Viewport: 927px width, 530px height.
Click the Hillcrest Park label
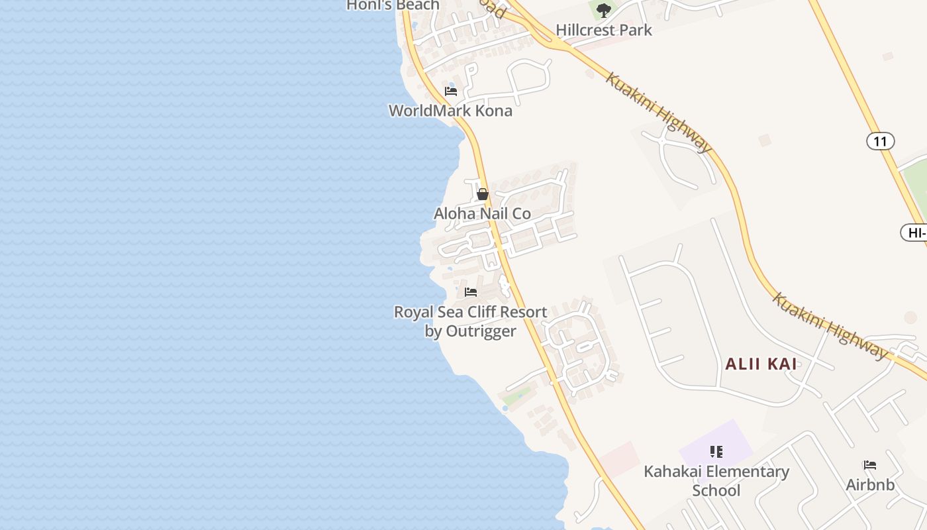pos(603,30)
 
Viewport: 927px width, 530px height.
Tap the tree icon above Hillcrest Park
pos(603,10)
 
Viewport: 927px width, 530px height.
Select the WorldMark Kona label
pos(450,111)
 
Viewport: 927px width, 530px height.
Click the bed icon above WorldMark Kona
pos(451,91)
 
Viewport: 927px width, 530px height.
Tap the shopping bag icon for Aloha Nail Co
pos(483,194)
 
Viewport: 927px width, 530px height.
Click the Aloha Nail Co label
pos(482,213)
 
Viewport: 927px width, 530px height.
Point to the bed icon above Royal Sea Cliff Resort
pos(471,291)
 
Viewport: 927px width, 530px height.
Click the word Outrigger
pos(481,331)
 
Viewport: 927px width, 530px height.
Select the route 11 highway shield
pos(880,141)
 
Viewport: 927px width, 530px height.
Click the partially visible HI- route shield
pos(914,233)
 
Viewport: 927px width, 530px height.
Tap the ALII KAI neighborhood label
pos(761,364)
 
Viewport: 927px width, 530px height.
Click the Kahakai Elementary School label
pos(716,481)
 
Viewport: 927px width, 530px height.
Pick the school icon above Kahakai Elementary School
pos(716,452)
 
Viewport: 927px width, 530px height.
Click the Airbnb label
pos(870,485)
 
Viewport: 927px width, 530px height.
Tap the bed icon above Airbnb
pos(870,465)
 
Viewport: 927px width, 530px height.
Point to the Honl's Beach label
pos(393,5)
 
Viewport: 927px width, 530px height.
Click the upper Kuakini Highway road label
pos(658,113)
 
